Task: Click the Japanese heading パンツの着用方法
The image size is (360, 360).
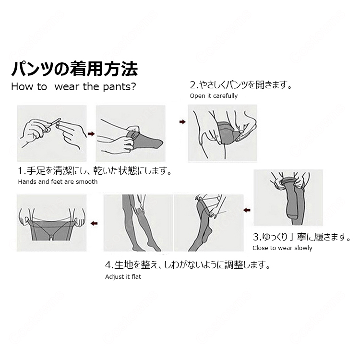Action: tap(74, 69)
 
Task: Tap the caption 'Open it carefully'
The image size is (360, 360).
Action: tap(214, 96)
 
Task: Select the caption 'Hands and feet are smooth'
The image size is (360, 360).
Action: tap(58, 182)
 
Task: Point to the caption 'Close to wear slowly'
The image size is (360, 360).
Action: tap(282, 248)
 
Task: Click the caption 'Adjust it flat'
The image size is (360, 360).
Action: tap(123, 277)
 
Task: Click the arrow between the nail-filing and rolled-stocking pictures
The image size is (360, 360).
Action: tap(91, 134)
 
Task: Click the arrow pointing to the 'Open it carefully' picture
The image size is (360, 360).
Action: tap(182, 122)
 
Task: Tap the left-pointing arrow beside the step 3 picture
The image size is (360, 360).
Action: tap(247, 210)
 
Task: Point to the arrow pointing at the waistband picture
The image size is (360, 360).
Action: tap(94, 223)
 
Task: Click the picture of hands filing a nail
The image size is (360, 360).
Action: tap(52, 133)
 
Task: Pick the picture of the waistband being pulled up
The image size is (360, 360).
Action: tap(52, 223)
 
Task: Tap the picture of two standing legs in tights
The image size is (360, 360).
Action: tap(138, 223)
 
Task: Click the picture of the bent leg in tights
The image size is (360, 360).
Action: tap(209, 223)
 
